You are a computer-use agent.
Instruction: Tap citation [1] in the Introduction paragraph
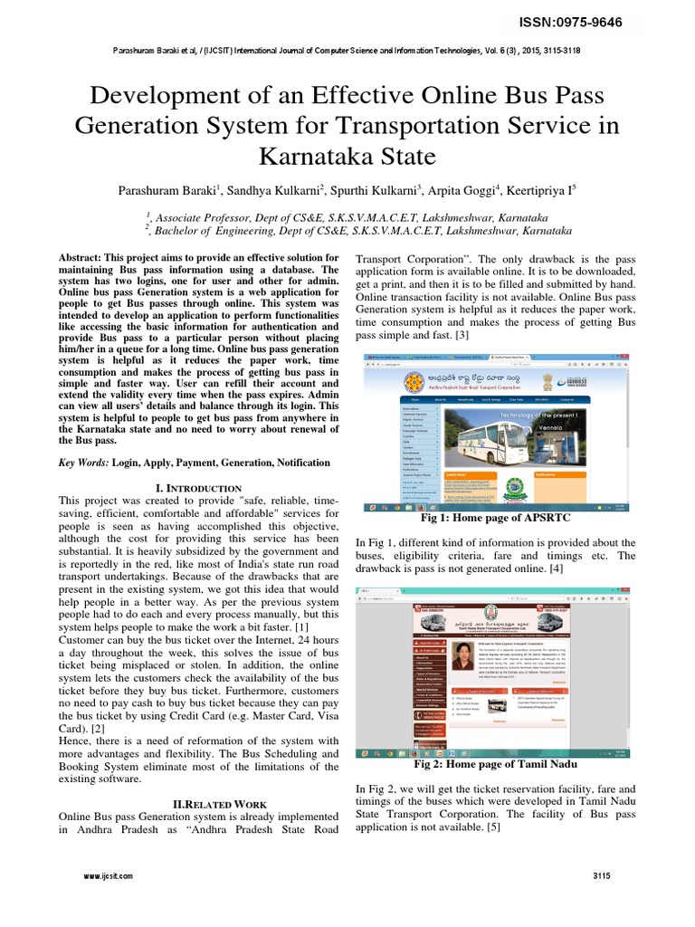(x=303, y=626)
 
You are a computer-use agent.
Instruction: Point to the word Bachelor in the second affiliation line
(x=186, y=231)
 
